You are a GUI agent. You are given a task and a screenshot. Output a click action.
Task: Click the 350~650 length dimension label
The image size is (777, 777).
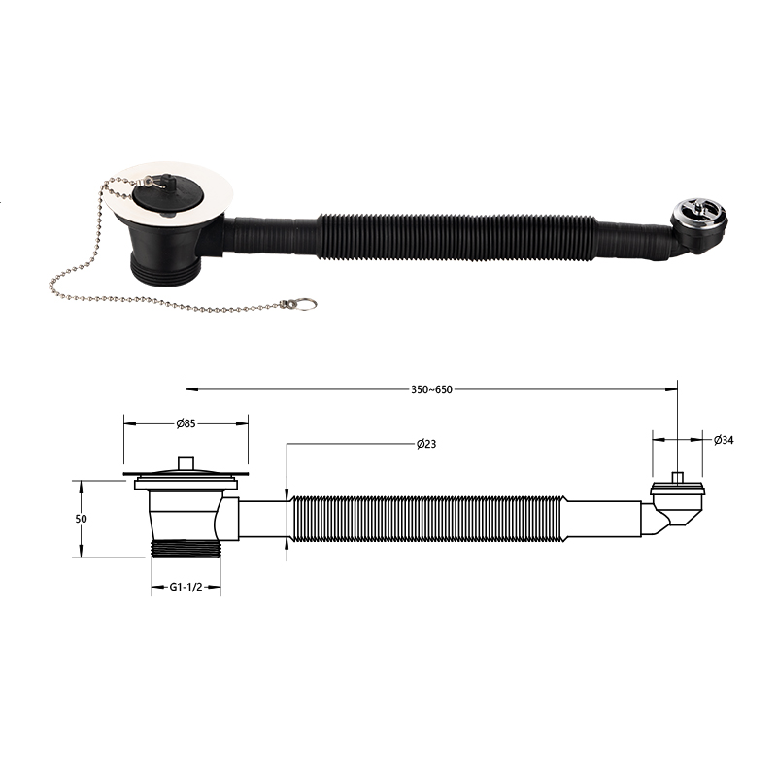(431, 389)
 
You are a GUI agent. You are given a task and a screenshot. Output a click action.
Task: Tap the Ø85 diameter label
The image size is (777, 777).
(186, 423)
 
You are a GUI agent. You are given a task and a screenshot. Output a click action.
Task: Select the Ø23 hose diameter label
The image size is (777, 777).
(426, 444)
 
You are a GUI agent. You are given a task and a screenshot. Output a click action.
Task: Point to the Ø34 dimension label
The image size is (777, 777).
(724, 440)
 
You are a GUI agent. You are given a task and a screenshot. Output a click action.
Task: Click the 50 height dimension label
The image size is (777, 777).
(81, 519)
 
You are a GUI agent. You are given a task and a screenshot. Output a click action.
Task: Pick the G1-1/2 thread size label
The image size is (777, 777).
(186, 588)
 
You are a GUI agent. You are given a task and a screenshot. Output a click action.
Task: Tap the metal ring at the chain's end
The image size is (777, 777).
(306, 304)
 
